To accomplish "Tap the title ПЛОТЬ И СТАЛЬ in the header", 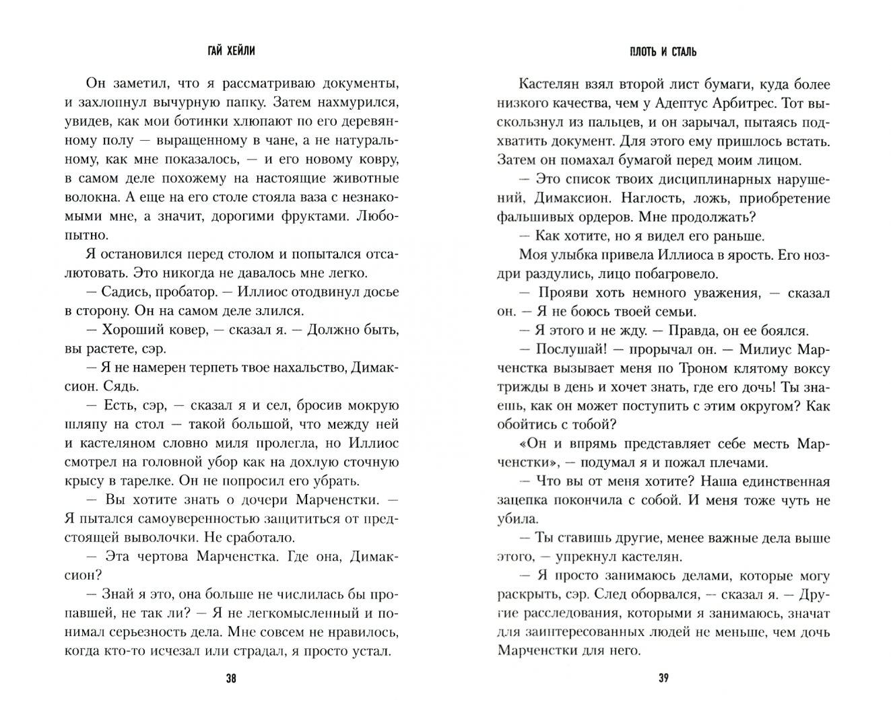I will (663, 52).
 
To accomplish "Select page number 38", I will (231, 678).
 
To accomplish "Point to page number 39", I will (663, 678).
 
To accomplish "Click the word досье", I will (380, 292).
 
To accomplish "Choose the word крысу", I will (85, 481).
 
